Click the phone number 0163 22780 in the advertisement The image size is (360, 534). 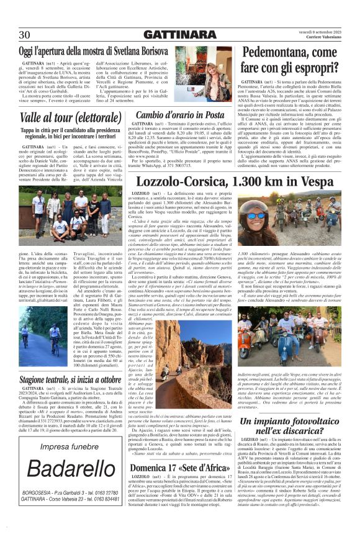[x=94, y=493]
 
